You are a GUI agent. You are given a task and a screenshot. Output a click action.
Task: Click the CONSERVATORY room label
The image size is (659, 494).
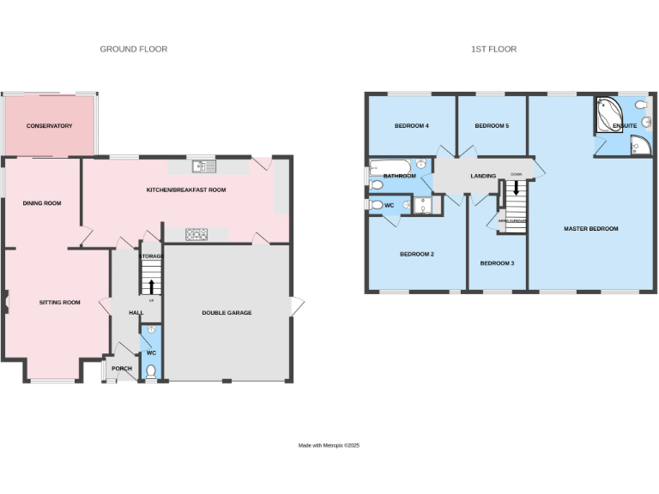click(x=49, y=126)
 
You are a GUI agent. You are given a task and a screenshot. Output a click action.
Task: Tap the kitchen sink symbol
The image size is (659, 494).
click(x=205, y=166)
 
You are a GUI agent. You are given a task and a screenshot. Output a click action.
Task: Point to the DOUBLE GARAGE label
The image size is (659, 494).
click(x=227, y=313)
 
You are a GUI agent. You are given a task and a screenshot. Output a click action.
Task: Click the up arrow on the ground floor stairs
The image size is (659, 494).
click(x=152, y=286)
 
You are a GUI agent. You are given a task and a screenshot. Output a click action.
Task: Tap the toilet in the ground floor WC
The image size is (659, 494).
click(x=152, y=371)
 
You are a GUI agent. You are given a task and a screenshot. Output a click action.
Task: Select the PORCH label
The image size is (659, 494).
click(x=122, y=369)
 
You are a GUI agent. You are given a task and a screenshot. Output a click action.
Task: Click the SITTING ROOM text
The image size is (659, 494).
click(x=59, y=303)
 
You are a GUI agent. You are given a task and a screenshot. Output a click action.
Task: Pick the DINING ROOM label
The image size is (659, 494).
click(x=42, y=203)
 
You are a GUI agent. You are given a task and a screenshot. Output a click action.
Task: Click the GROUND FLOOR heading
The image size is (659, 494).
click(x=134, y=50)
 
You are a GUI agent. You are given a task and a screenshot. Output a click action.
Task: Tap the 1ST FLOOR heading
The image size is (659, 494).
click(x=493, y=50)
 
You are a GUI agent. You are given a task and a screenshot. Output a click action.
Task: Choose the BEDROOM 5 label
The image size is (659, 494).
click(x=492, y=126)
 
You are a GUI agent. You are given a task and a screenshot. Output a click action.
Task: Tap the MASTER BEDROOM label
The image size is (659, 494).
click(x=590, y=229)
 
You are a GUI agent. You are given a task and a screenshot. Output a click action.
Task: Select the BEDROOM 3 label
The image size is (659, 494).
click(x=497, y=262)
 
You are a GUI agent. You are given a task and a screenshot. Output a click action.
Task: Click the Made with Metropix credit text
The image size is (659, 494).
click(x=329, y=446)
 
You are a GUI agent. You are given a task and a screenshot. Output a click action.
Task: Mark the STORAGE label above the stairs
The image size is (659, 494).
click(x=152, y=256)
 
